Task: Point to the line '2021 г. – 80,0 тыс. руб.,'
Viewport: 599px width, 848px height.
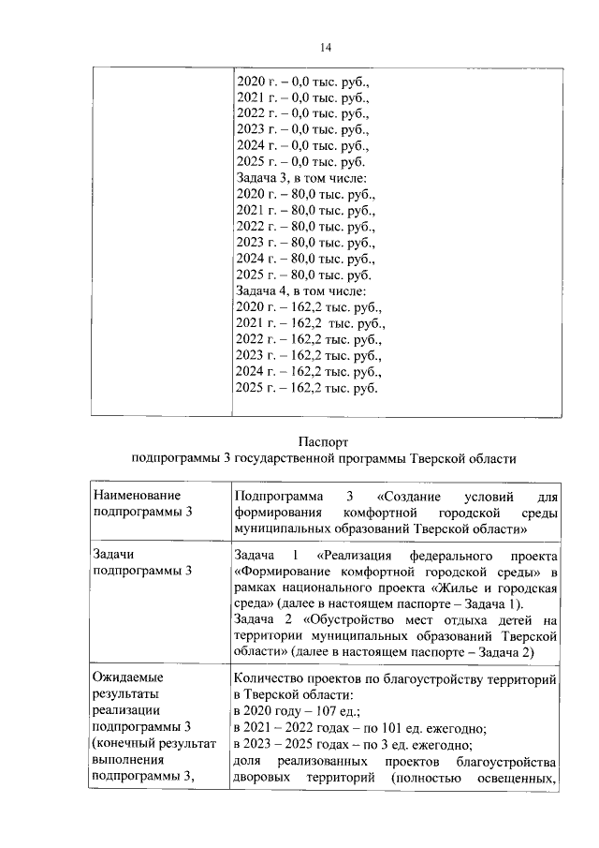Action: click(305, 210)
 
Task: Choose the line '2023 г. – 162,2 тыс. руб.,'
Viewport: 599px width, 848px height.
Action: click(309, 355)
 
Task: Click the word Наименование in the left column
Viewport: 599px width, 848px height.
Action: click(136, 495)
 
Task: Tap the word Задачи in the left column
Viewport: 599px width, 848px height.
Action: click(116, 554)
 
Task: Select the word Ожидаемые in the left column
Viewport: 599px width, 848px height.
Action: click(132, 677)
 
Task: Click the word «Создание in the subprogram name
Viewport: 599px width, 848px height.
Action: click(408, 495)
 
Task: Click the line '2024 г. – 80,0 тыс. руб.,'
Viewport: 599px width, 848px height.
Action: click(305, 258)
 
